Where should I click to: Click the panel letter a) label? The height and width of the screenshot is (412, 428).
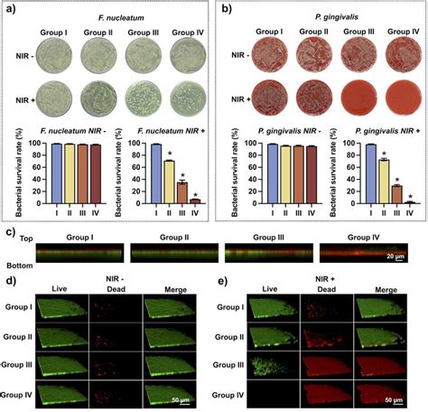coord(11,11)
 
